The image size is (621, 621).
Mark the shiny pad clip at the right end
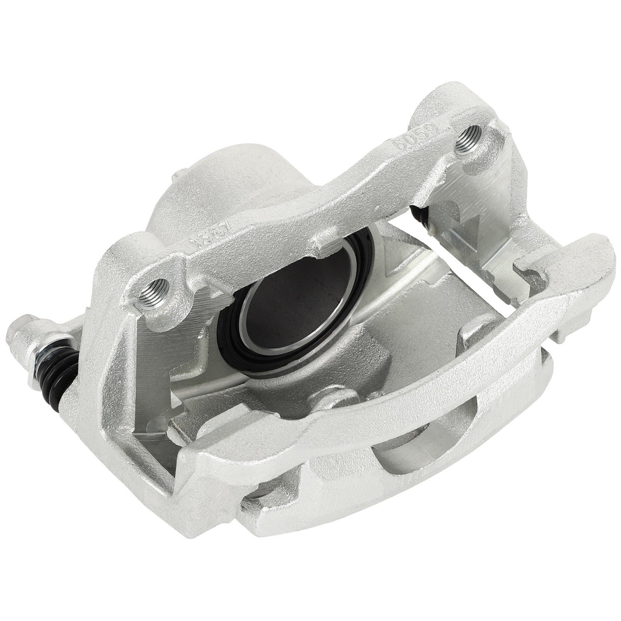[501, 252]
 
